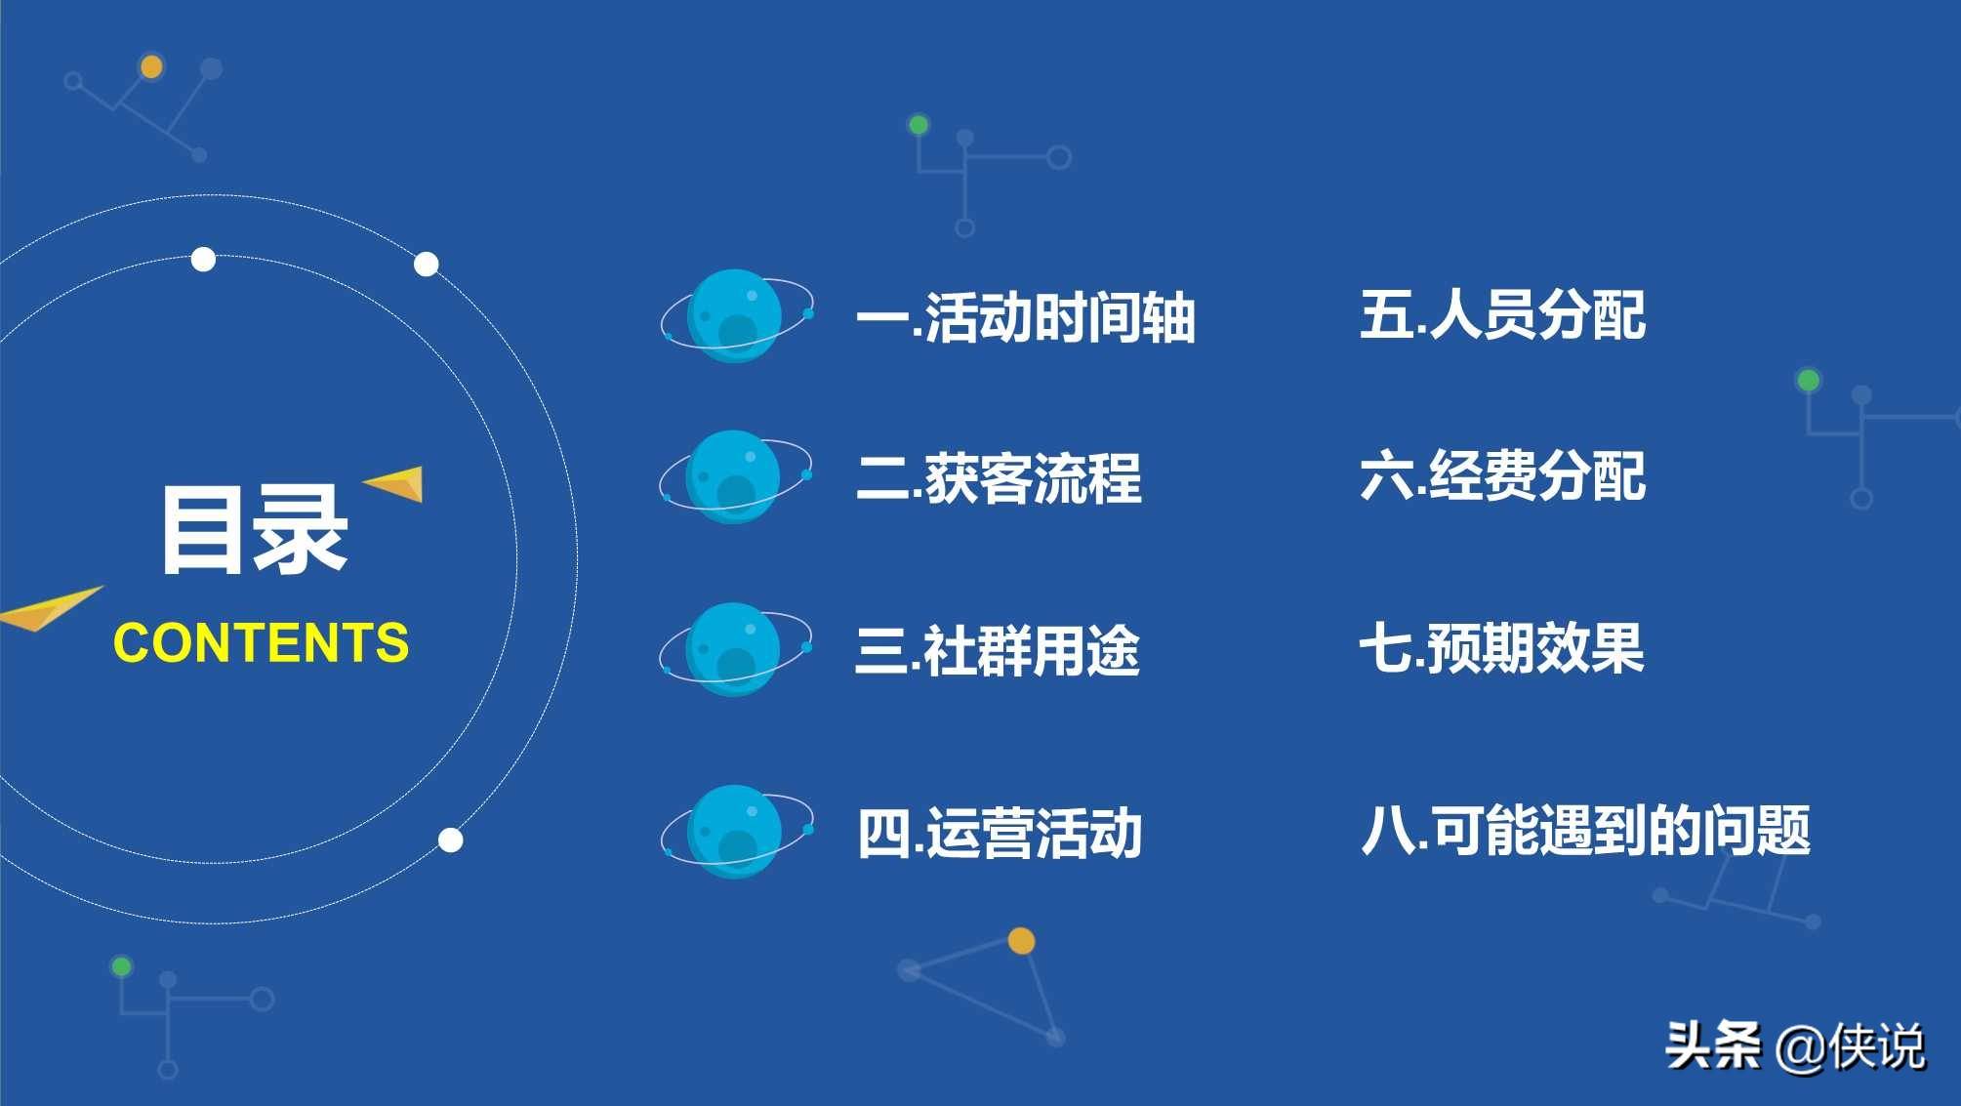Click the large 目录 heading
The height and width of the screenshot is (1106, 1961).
point(254,530)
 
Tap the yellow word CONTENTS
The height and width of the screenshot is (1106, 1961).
point(261,643)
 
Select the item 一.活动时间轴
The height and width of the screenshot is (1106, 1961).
point(1025,317)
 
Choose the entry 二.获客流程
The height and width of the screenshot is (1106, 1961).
point(999,478)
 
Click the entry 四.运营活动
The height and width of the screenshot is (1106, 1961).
point(1000,833)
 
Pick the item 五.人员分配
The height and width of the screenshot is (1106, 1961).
point(1502,315)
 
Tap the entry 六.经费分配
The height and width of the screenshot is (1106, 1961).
point(1502,476)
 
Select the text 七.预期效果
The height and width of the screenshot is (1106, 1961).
point(1501,648)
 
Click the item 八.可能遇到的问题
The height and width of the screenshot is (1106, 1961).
point(1585,831)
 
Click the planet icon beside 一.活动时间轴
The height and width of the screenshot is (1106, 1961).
point(736,316)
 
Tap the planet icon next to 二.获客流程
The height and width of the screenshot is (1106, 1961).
point(734,477)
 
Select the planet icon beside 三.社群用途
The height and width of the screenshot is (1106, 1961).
point(734,649)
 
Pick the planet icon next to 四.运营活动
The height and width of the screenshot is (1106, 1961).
point(736,832)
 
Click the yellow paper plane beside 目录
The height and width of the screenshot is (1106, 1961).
point(398,482)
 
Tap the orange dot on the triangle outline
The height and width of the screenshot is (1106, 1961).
point(1021,941)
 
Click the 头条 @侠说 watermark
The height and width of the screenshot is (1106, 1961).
point(1794,1046)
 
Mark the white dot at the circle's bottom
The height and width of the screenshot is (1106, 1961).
point(450,840)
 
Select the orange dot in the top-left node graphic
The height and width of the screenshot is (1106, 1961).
point(151,66)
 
